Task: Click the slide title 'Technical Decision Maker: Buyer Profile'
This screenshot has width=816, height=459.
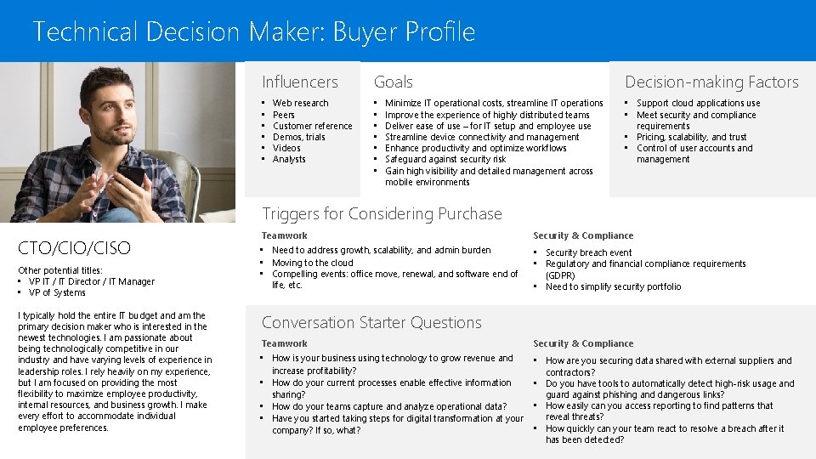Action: [253, 32]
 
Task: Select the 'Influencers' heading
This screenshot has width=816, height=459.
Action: [299, 82]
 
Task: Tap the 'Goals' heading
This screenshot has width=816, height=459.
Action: [393, 82]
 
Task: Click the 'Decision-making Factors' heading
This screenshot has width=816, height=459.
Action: [711, 82]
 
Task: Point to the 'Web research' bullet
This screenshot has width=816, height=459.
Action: [300, 104]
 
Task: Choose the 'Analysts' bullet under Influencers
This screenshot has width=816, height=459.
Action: [289, 160]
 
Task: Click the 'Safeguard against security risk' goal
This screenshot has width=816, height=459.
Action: [445, 160]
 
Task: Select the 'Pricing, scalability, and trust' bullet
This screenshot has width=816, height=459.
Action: [691, 137]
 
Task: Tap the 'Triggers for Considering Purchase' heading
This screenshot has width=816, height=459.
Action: [382, 214]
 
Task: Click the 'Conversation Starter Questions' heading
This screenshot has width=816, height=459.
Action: [371, 323]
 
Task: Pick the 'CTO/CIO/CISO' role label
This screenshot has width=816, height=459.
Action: [75, 248]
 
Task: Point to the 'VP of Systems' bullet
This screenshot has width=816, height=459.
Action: [57, 293]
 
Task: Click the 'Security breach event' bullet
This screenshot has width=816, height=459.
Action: [588, 253]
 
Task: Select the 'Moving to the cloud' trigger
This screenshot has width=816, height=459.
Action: [312, 263]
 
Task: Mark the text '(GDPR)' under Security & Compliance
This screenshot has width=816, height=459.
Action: [560, 275]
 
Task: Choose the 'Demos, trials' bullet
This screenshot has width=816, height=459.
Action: [298, 138]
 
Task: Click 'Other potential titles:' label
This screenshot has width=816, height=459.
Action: [60, 270]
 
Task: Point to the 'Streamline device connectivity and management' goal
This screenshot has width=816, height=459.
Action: [482, 138]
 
